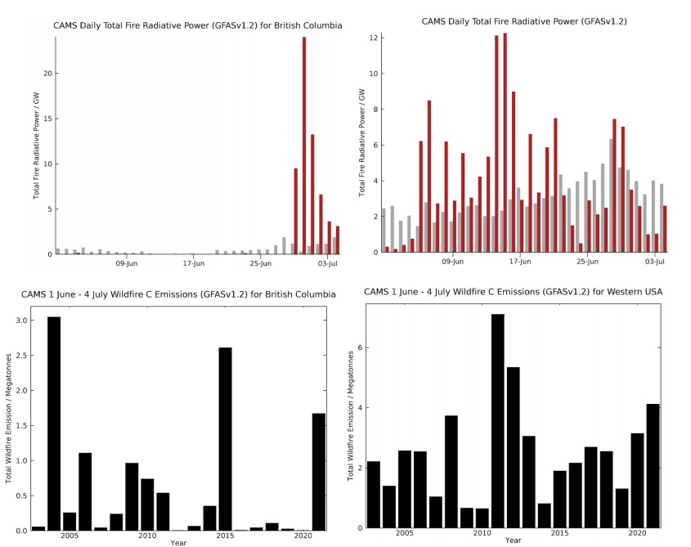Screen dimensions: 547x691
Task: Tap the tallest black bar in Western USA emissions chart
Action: pyautogui.click(x=497, y=421)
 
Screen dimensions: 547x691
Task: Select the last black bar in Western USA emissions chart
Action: pyautogui.click(x=652, y=466)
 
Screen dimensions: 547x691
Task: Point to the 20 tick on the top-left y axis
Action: pyautogui.click(x=47, y=74)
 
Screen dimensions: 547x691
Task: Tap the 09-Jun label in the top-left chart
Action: pyautogui.click(x=126, y=264)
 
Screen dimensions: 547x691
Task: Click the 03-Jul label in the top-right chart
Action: pyautogui.click(x=653, y=262)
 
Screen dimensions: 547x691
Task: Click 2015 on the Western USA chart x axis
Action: pyautogui.click(x=559, y=533)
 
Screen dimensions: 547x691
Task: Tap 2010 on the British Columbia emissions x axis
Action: pyautogui.click(x=147, y=536)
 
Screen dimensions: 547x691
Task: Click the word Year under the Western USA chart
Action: pyautogui.click(x=513, y=540)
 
